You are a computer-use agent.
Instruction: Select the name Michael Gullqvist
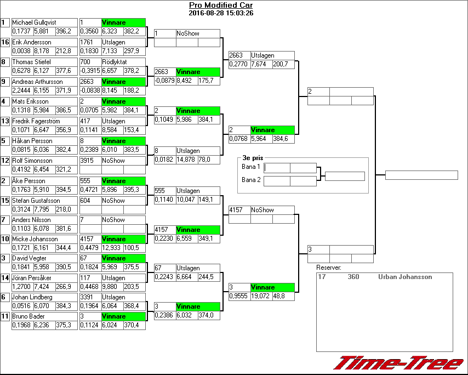[x=34, y=22]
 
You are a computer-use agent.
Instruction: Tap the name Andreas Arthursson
[x=37, y=82]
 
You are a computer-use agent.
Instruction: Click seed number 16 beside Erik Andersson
[x=5, y=42]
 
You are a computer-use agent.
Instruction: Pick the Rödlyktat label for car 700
[x=114, y=62]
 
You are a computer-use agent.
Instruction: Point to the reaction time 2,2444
[x=21, y=90]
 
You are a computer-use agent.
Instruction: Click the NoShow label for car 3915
[x=113, y=161]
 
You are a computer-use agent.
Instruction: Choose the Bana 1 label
[x=250, y=167]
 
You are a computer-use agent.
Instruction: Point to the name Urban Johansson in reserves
[x=405, y=277]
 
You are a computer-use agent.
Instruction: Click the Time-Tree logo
[x=398, y=363]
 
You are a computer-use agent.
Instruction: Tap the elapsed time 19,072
[x=261, y=296]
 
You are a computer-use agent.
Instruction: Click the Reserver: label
[x=329, y=268]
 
